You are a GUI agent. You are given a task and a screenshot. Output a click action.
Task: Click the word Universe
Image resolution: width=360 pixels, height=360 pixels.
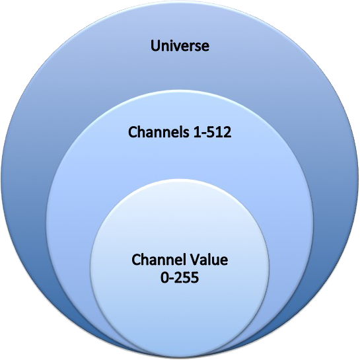(x=180, y=46)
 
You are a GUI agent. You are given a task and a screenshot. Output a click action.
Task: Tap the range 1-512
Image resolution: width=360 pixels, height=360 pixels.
(x=213, y=133)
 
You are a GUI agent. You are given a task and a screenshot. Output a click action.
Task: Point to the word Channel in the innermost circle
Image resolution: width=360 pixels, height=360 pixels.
(x=160, y=260)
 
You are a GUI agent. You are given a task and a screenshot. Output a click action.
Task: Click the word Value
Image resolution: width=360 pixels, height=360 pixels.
(x=209, y=260)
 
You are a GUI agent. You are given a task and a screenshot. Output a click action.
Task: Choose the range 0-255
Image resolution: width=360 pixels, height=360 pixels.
(x=180, y=278)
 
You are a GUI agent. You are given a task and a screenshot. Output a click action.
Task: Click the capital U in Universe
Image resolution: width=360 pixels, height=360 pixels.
(x=155, y=46)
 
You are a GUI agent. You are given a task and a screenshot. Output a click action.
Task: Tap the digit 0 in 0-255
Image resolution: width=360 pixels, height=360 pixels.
(x=164, y=278)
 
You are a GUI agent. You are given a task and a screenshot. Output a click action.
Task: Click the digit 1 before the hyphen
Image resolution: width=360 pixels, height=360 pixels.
(x=198, y=133)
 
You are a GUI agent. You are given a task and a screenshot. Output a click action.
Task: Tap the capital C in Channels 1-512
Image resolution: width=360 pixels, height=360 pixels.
(x=133, y=132)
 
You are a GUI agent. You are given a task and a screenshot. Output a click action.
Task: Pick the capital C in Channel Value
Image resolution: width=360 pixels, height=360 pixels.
(x=136, y=260)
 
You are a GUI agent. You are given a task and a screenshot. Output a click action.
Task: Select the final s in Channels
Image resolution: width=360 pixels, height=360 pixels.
(x=187, y=133)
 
